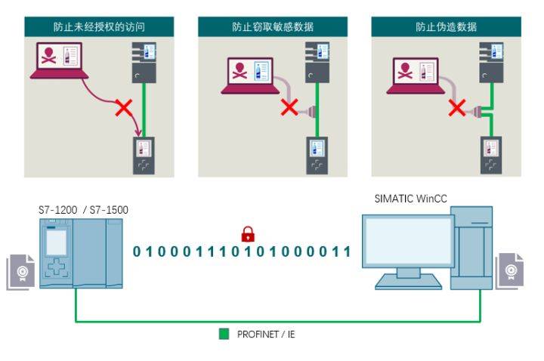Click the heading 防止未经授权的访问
point(100,26)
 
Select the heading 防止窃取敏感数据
point(272,26)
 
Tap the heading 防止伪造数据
point(446,26)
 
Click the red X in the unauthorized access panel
point(122,109)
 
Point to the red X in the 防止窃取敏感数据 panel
point(289,107)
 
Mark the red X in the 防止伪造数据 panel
point(456,109)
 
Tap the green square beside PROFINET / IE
point(224,333)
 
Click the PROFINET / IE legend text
point(266,333)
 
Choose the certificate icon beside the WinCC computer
point(509,270)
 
